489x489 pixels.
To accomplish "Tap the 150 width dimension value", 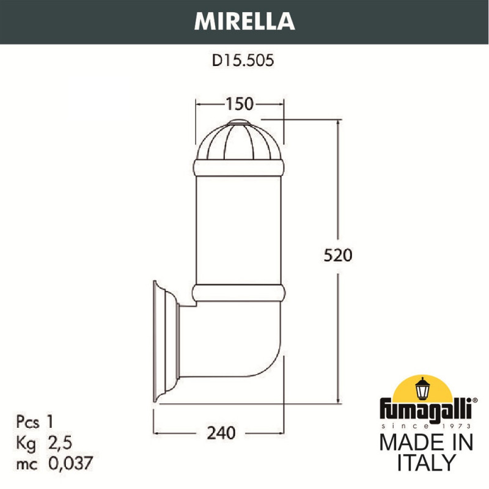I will point(240,105).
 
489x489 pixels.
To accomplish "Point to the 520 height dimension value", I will point(337,255).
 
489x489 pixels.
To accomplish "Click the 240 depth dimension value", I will point(221,433).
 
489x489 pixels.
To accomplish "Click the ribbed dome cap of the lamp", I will point(239,142).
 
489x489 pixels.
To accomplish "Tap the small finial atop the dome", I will point(239,125).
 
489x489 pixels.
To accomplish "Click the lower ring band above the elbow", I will point(239,293).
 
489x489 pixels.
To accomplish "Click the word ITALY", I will point(426,462).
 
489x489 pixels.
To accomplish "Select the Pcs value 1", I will point(51,421).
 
